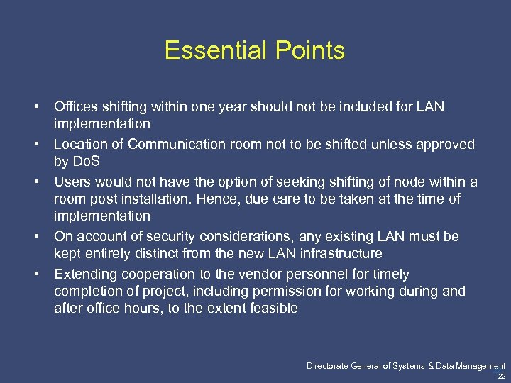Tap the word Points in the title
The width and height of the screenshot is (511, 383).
(x=310, y=50)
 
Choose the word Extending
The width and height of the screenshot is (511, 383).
(x=85, y=273)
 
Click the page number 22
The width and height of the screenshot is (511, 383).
(x=501, y=377)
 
